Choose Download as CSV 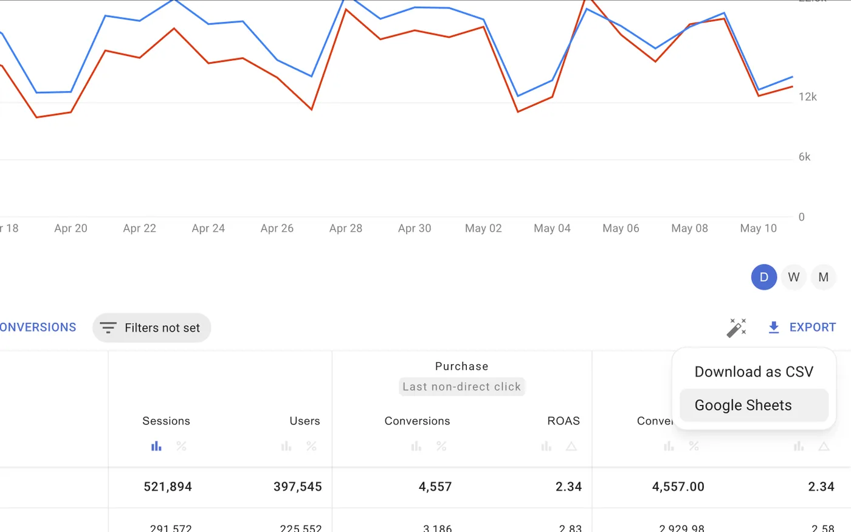point(754,371)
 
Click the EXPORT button point(802,327)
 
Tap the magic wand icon point(737,328)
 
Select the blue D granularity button point(764,277)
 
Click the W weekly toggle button point(794,277)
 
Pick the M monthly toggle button point(824,277)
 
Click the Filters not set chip point(151,328)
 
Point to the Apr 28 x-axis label point(346,229)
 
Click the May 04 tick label point(552,229)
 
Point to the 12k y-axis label point(808,97)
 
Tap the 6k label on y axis point(805,157)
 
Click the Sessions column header point(166,421)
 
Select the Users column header point(305,421)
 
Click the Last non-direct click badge point(462,387)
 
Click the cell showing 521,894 point(168,486)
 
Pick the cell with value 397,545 point(298,486)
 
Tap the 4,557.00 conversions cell point(678,486)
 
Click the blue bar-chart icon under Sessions point(156,446)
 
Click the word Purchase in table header point(461,366)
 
